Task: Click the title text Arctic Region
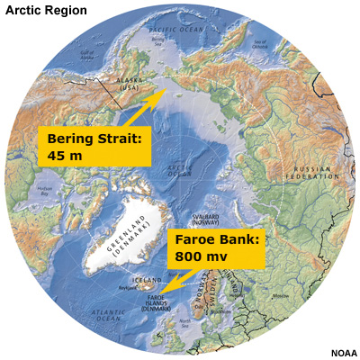[46, 11]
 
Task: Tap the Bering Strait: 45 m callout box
[93, 144]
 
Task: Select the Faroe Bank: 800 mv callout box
[217, 248]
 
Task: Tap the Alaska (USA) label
[116, 85]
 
